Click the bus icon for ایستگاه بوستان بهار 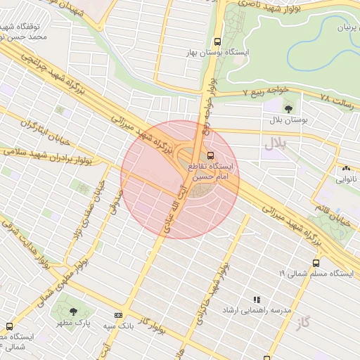tap(218, 41)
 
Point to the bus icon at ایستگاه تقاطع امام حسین tap(210, 155)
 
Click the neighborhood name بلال tap(277, 145)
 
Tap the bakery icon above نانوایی tap(345, 169)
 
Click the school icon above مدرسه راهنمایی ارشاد tap(257, 299)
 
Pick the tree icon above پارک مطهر tap(73, 312)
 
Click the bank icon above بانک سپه tap(118, 315)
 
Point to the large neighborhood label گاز tap(303, 323)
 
